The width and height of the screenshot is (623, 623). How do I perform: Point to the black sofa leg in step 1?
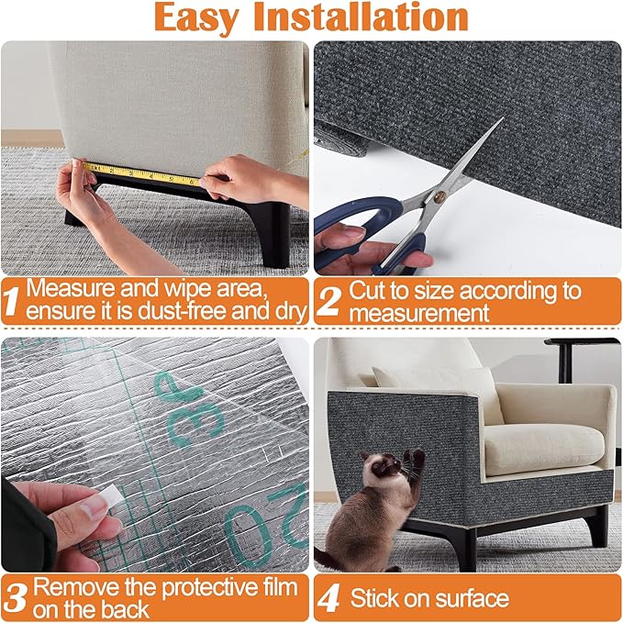tap(273, 234)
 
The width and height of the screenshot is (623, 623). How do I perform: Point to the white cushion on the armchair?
tap(541, 448)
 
